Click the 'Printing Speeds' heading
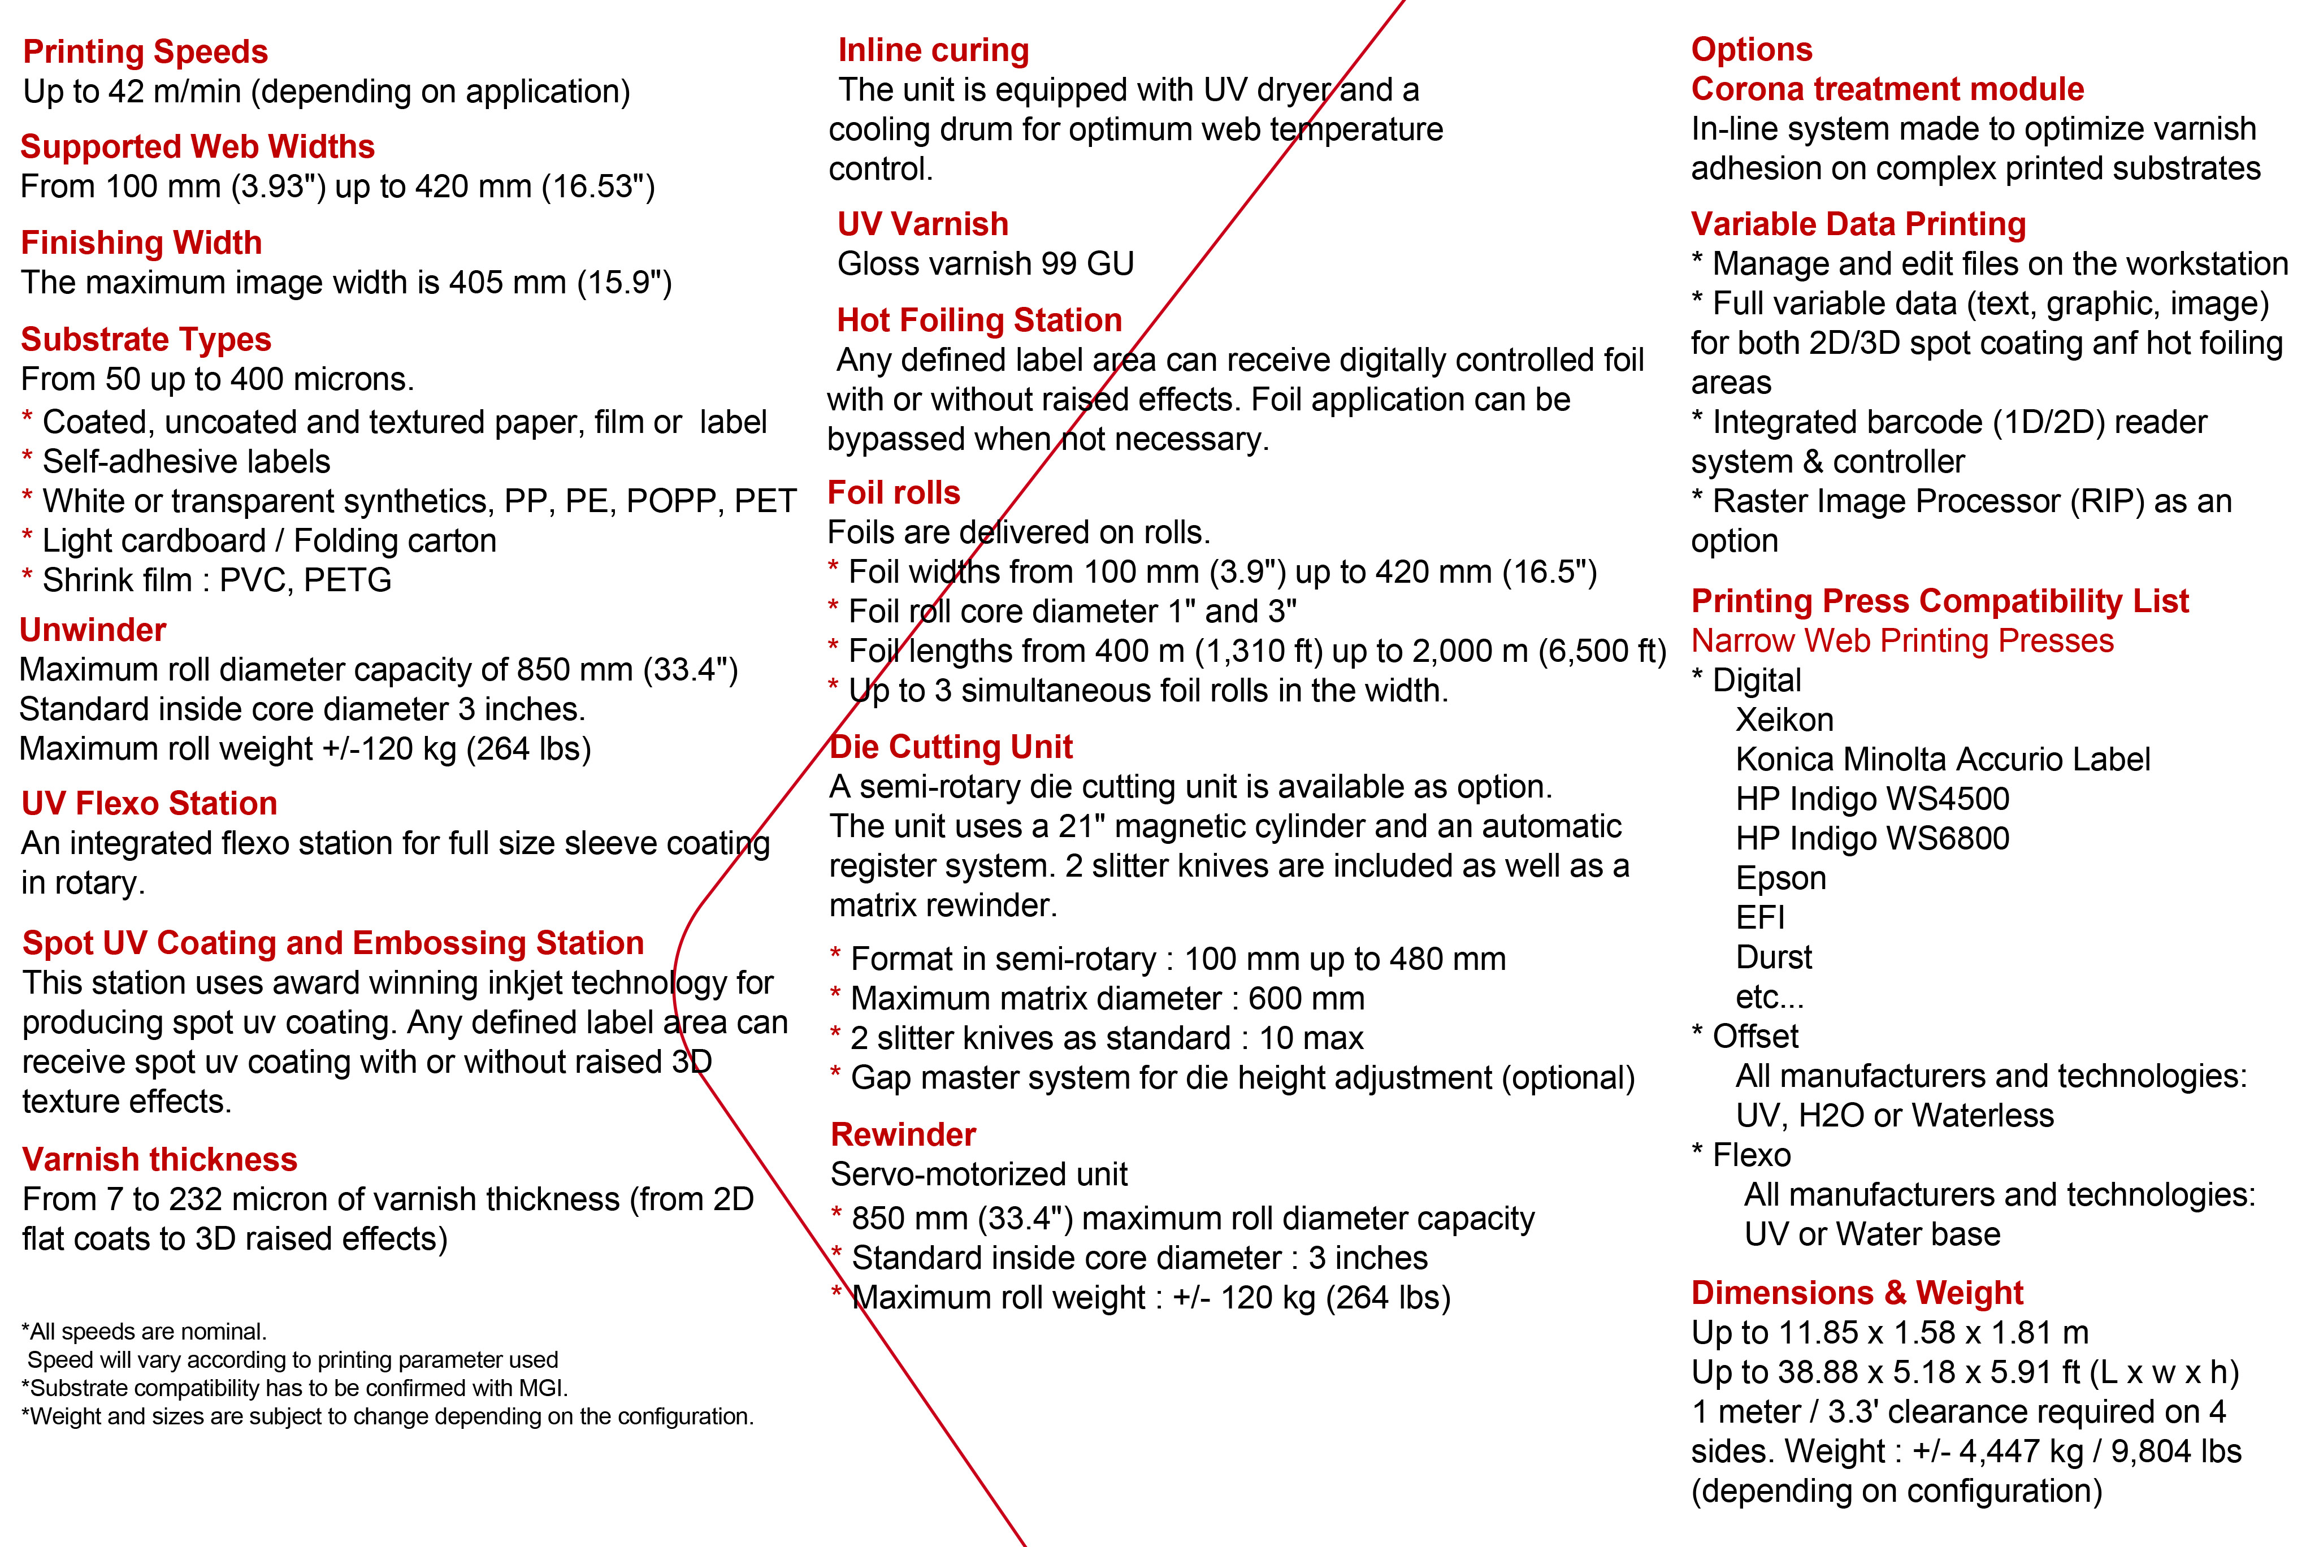145,51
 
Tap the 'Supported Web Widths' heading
197,147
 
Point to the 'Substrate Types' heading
146,339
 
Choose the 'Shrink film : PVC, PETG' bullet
216,580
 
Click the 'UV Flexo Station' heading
149,803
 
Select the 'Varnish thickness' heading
160,1159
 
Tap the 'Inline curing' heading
933,50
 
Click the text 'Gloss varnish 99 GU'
985,263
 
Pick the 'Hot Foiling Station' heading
979,320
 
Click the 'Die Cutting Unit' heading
951,747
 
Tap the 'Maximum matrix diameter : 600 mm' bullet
1107,998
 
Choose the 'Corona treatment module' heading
1887,89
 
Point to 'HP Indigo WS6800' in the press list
1872,839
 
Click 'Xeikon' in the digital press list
1784,720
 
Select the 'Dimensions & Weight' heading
1856,1293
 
